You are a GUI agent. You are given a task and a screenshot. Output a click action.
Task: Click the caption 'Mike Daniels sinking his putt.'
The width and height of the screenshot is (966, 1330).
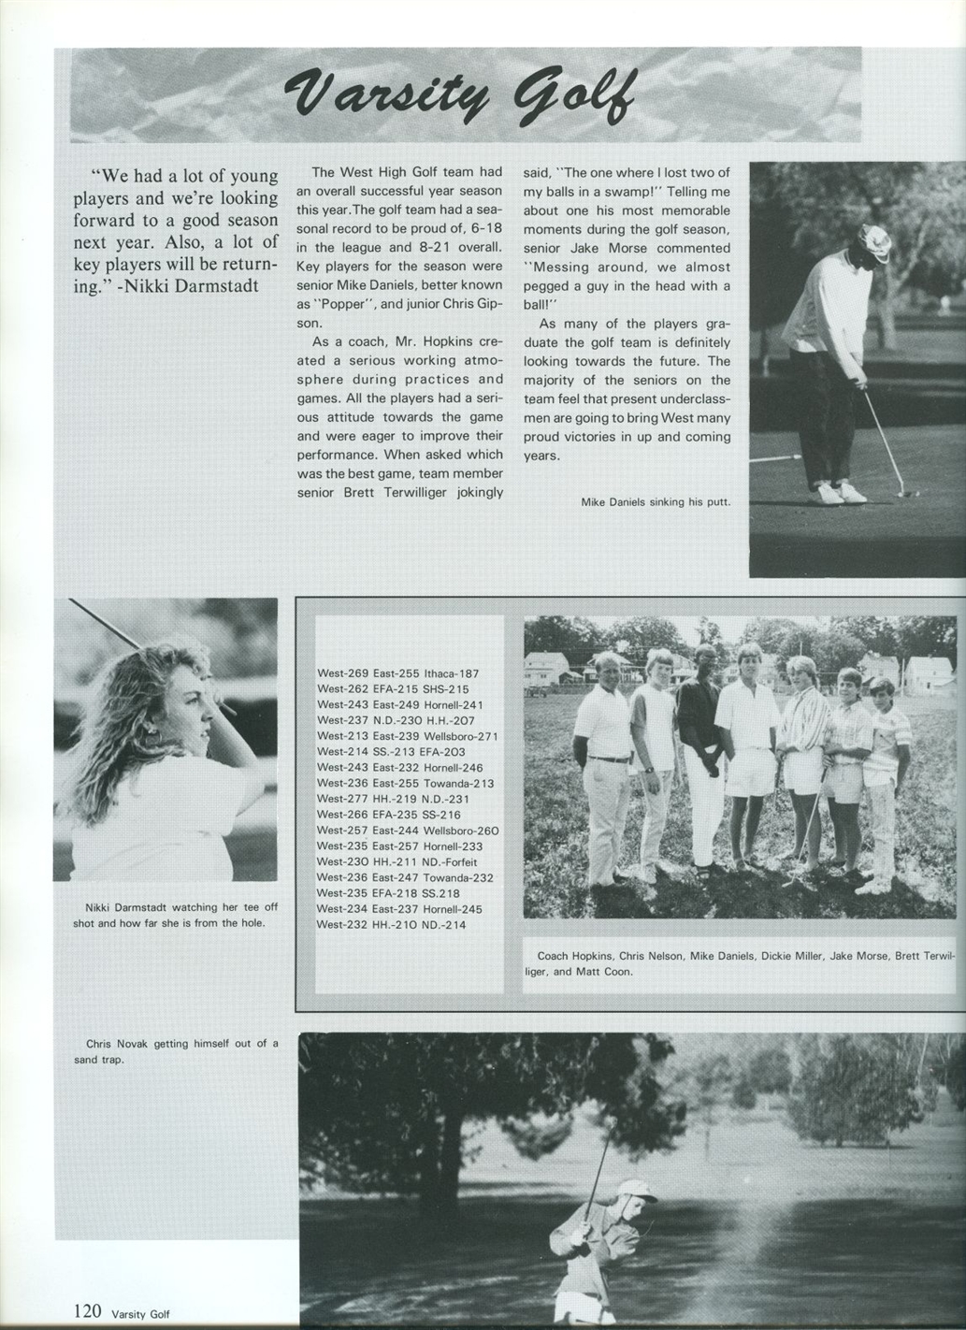(655, 502)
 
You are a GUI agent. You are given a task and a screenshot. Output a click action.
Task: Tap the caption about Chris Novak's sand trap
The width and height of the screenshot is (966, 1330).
(175, 1051)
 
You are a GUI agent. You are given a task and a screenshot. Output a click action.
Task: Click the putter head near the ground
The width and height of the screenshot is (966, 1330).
(903, 492)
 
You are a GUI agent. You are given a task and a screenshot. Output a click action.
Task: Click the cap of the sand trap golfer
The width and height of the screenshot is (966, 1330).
(637, 1193)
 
